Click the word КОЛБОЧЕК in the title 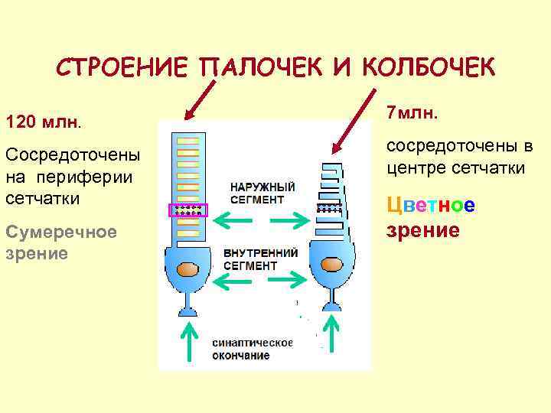tap(425, 67)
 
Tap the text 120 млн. tap(44, 122)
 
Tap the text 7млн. tap(412, 113)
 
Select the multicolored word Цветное tap(431, 205)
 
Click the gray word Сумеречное tap(60, 231)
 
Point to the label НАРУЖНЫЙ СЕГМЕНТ tap(262, 193)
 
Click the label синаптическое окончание tap(253, 349)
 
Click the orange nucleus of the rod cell tap(187, 270)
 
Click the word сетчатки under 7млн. tap(494, 168)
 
